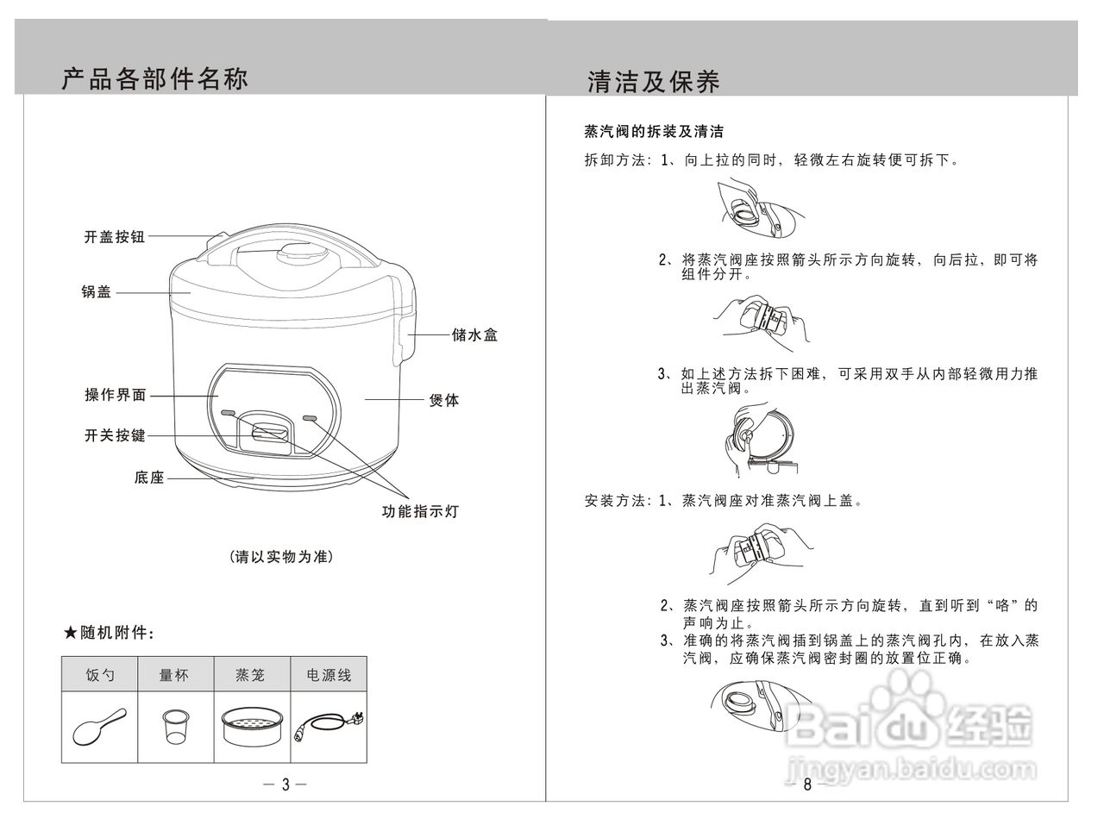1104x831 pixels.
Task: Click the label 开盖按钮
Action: pyautogui.click(x=114, y=237)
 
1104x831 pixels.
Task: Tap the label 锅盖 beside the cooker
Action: pyautogui.click(x=97, y=292)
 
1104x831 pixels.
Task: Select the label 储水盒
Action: pyautogui.click(x=474, y=335)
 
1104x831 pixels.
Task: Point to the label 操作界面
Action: pyautogui.click(x=116, y=396)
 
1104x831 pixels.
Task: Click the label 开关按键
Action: pyautogui.click(x=115, y=436)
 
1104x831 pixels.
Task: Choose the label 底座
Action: pyautogui.click(x=149, y=477)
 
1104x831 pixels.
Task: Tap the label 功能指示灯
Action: pyautogui.click(x=420, y=512)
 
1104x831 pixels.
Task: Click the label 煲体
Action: pyautogui.click(x=444, y=400)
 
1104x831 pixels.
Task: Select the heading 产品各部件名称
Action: pyautogui.click(x=155, y=79)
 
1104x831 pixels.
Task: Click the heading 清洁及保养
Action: pyautogui.click(x=653, y=82)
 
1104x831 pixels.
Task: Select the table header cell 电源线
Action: pyautogui.click(x=329, y=676)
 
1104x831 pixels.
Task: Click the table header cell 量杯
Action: pyautogui.click(x=174, y=676)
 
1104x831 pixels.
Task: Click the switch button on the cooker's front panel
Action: pyautogui.click(x=270, y=431)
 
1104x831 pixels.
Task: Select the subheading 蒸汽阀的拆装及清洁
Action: pyautogui.click(x=654, y=132)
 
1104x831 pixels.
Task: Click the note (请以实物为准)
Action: pyautogui.click(x=281, y=557)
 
